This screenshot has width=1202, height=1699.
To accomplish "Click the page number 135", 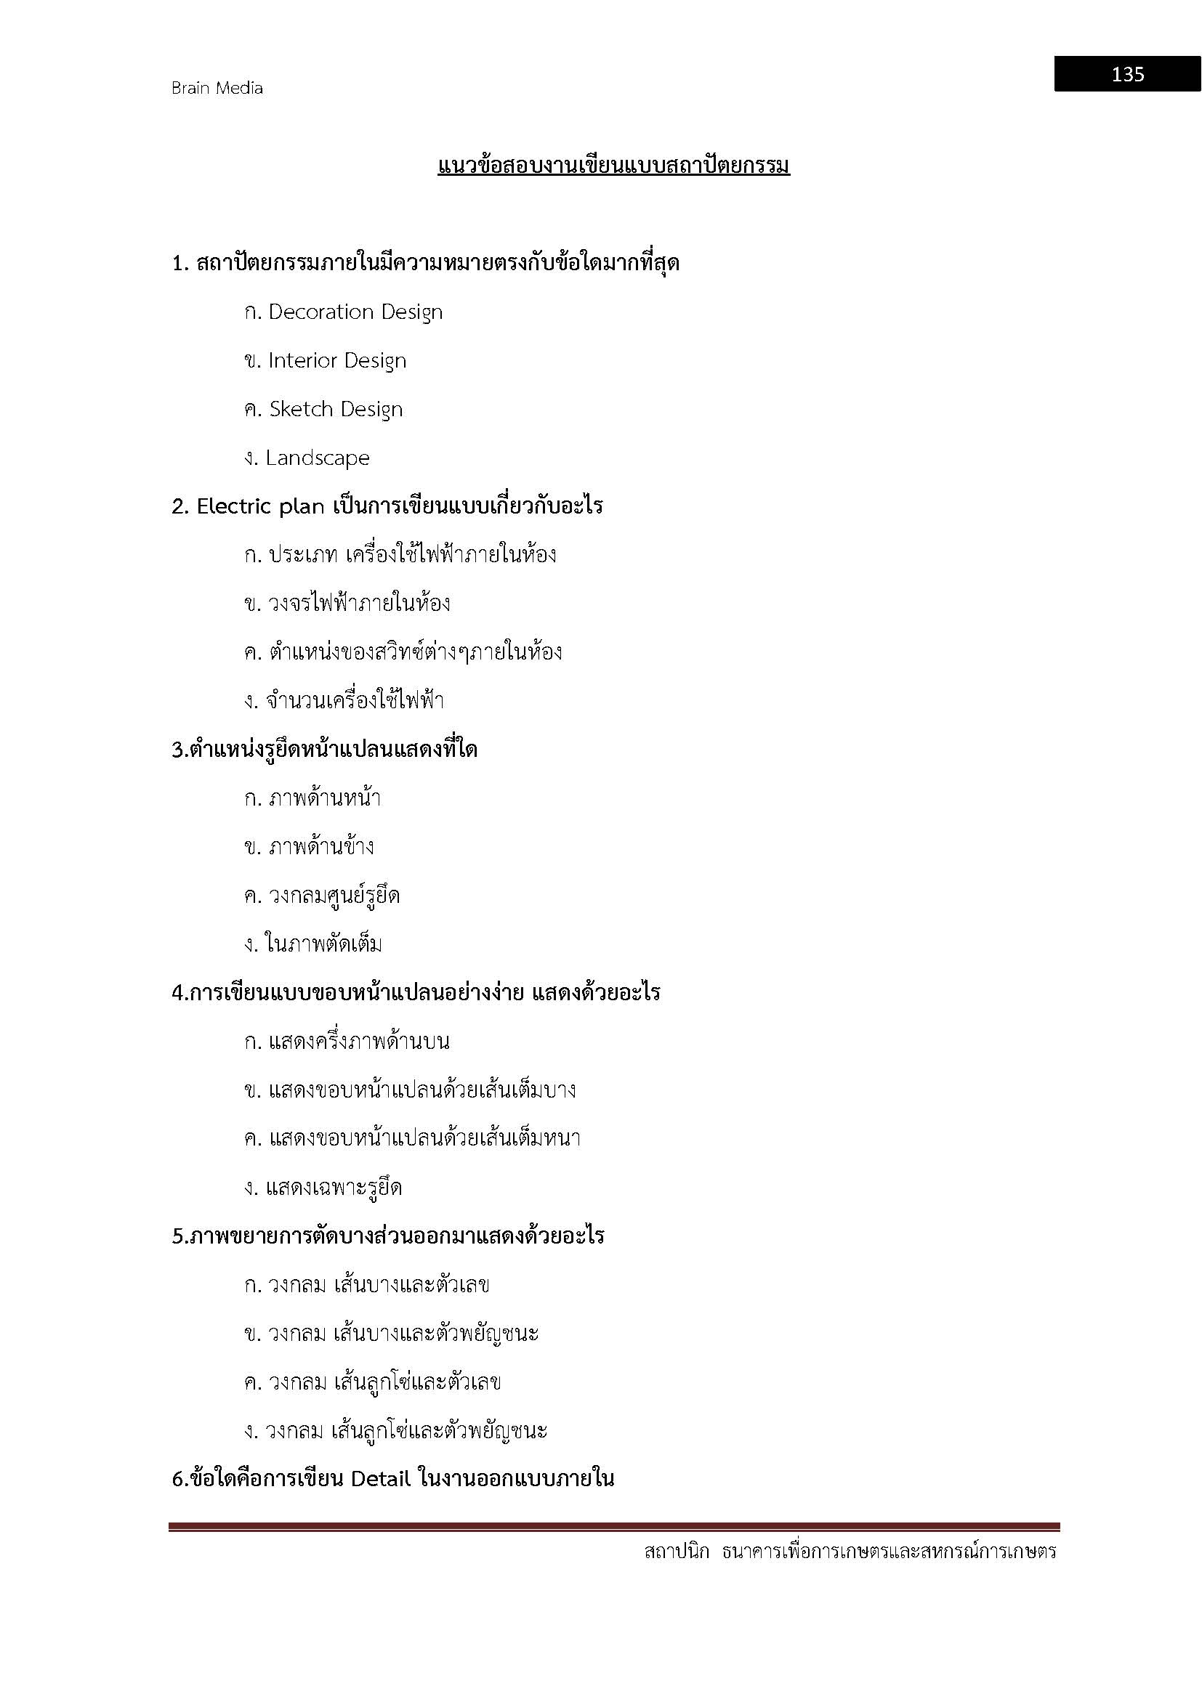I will pos(1127,74).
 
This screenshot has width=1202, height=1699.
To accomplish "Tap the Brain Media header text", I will pos(217,88).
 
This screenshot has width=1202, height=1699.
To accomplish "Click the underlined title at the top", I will pos(613,165).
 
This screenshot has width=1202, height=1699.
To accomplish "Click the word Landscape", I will pos(318,458).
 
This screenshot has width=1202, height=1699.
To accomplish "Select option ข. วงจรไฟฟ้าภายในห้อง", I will pos(347,604).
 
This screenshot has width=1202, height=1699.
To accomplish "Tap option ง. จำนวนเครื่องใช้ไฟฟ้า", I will pos(344,701).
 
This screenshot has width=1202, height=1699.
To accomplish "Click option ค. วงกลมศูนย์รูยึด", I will pos(322,896).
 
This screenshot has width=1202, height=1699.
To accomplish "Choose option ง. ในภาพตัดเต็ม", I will pos(313,944).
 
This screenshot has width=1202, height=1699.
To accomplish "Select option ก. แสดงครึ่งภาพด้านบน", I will pos(347,1042).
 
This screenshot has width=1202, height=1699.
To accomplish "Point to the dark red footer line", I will pos(613,1527).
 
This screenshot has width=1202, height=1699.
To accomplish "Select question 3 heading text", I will pos(324,750).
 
